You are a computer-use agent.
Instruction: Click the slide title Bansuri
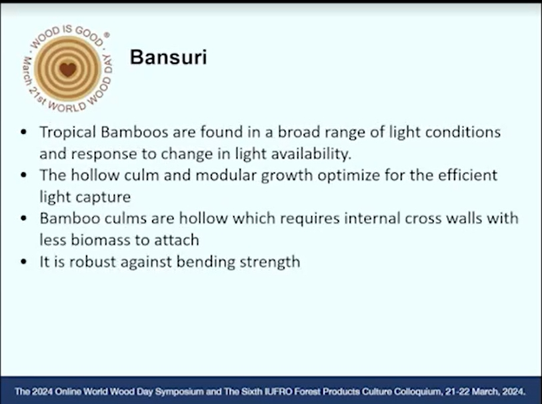click(x=169, y=57)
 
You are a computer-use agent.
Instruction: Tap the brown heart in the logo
click(x=68, y=69)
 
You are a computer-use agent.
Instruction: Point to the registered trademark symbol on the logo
click(x=107, y=35)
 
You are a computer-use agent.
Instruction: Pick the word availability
click(x=311, y=154)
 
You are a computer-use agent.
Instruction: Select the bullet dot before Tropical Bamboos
click(x=24, y=132)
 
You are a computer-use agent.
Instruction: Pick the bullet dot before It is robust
click(x=24, y=261)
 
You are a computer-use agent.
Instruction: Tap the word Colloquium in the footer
click(x=418, y=392)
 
